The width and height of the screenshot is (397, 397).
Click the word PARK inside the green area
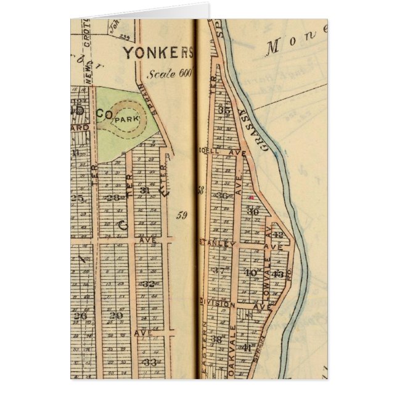(126, 120)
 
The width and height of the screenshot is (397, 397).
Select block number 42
(278, 235)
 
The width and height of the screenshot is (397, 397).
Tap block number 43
(278, 273)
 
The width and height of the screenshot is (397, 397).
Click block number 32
(149, 284)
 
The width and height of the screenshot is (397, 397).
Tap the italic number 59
(181, 215)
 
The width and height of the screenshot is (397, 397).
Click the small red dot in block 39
(252, 197)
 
